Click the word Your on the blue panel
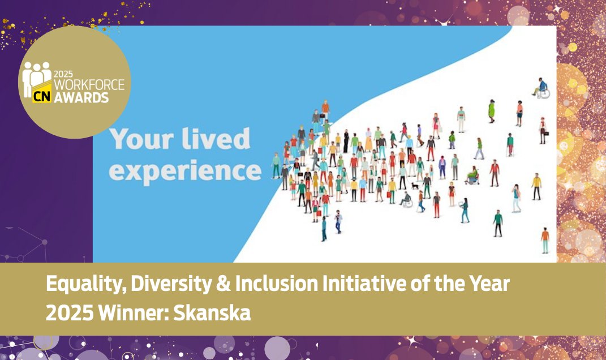141,140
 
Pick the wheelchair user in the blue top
541,88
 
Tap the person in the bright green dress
491,110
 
